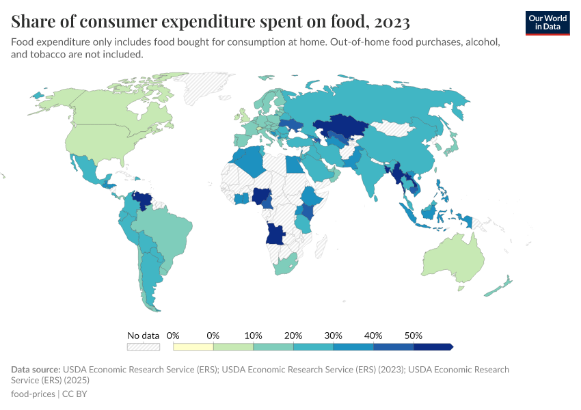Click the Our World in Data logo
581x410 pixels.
click(547, 23)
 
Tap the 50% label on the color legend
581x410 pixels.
click(414, 336)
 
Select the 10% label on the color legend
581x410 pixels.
click(254, 336)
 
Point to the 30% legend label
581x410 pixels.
click(334, 336)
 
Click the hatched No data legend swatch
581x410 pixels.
click(144, 347)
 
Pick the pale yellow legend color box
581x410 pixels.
click(193, 347)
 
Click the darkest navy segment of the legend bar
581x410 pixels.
click(432, 347)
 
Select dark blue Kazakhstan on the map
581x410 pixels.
click(338, 126)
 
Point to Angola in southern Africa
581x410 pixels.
click(275, 234)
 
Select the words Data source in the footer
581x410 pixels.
click(33, 370)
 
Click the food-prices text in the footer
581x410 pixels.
click(33, 394)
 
